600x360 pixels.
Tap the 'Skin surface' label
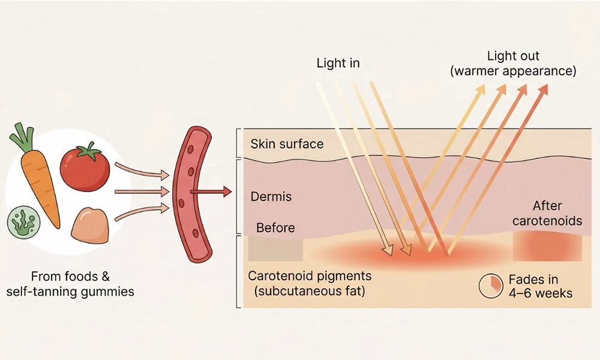pyautogui.click(x=287, y=144)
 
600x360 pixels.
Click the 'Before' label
pyautogui.click(x=275, y=228)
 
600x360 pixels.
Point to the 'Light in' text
pyautogui.click(x=338, y=63)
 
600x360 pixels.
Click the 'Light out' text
pyautogui.click(x=513, y=56)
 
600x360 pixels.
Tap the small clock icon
pyautogui.click(x=490, y=287)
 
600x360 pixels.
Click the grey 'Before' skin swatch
pyautogui.click(x=275, y=249)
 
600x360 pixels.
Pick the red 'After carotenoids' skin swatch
pyautogui.click(x=547, y=247)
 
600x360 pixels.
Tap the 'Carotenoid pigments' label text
pyautogui.click(x=310, y=277)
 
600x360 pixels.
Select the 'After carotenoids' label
pyautogui.click(x=548, y=214)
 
